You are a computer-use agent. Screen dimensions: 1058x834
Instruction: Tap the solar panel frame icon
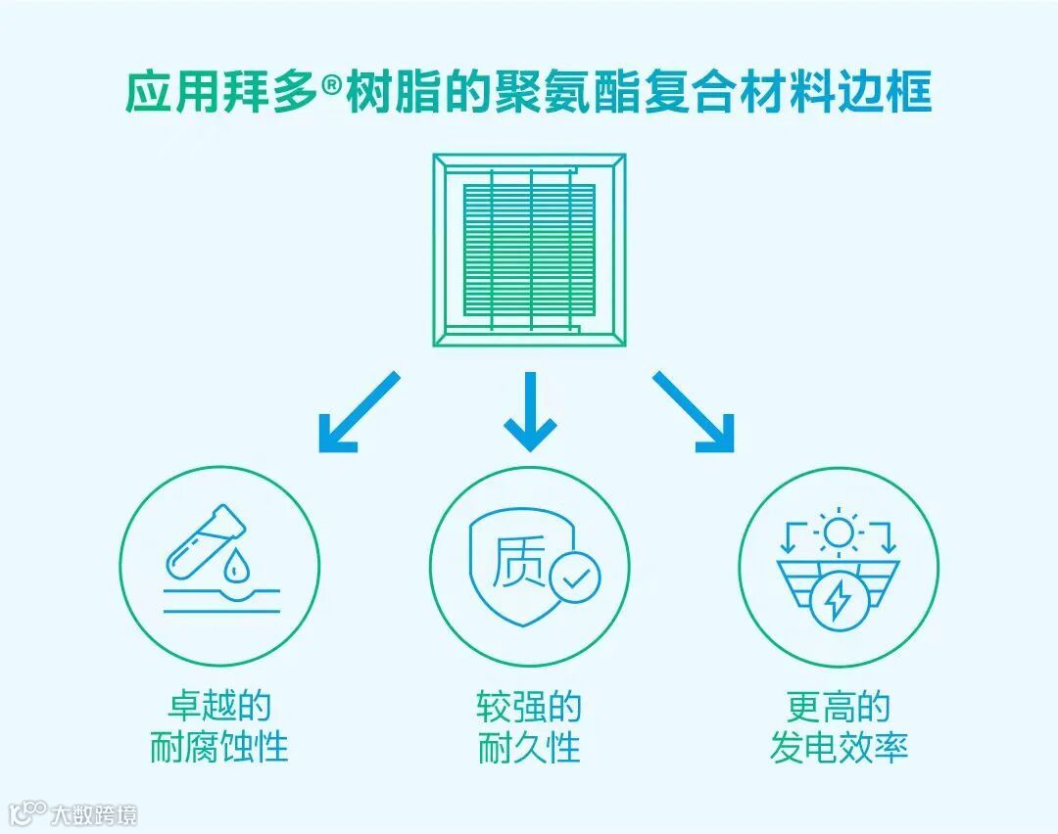pyautogui.click(x=529, y=250)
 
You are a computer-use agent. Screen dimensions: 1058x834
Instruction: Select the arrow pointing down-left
pyautogui.click(x=359, y=411)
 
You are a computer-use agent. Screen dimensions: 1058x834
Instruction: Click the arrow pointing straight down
pyautogui.click(x=530, y=411)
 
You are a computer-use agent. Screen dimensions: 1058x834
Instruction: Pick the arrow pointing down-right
pyautogui.click(x=695, y=411)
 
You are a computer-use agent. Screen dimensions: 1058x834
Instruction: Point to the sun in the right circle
pyautogui.click(x=838, y=533)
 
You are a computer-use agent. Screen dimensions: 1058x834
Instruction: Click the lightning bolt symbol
pyautogui.click(x=838, y=601)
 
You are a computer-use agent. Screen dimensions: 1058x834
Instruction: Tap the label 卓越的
pyautogui.click(x=218, y=706)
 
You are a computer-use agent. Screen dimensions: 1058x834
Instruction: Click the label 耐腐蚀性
pyautogui.click(x=218, y=748)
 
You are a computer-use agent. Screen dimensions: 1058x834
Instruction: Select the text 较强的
pyautogui.click(x=529, y=706)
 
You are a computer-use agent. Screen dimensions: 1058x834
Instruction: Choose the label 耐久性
pyautogui.click(x=529, y=748)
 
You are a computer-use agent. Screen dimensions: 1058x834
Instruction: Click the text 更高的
pyautogui.click(x=839, y=706)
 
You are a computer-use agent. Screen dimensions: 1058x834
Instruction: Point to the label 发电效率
pyautogui.click(x=839, y=748)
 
